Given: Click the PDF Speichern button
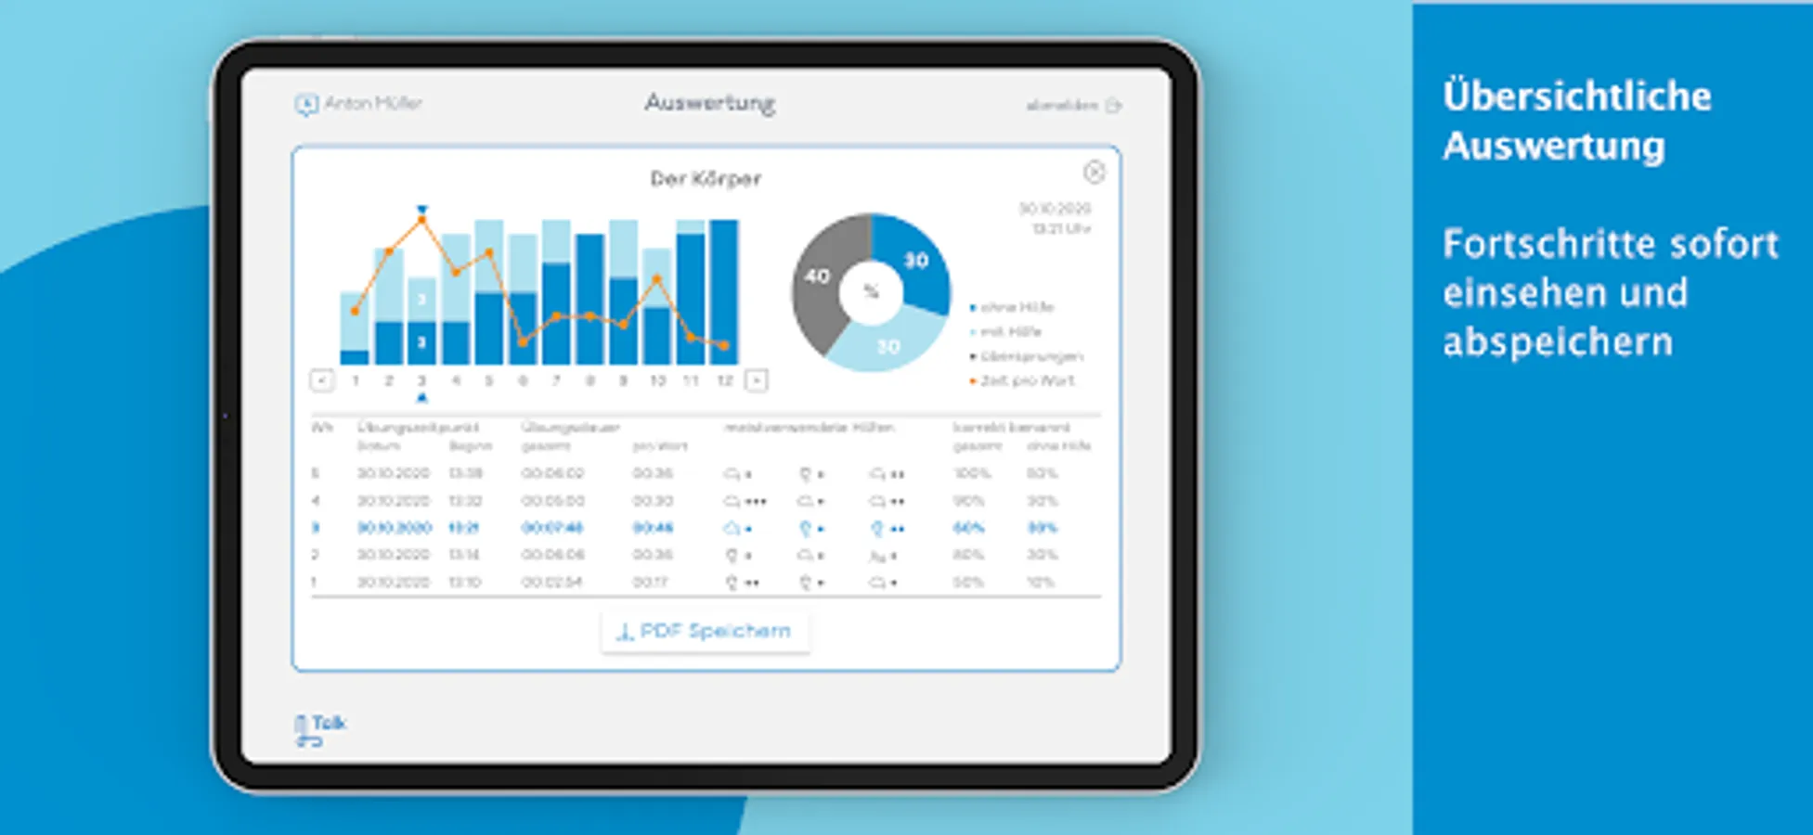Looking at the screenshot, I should [705, 632].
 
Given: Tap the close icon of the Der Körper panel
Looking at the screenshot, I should [1094, 172].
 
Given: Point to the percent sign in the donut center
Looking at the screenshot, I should [871, 292].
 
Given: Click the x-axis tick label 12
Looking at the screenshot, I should [724, 380].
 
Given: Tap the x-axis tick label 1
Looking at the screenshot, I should [355, 380].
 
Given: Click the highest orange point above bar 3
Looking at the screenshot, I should [421, 220].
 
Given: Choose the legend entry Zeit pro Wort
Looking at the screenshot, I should [1026, 380].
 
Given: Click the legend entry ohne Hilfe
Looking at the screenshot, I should [1017, 307].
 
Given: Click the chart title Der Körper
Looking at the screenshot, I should [706, 178].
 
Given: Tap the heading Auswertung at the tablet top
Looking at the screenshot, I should [710, 103].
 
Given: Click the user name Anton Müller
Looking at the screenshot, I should [372, 103].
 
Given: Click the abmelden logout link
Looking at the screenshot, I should [1062, 106].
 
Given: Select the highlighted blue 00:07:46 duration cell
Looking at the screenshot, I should [551, 528].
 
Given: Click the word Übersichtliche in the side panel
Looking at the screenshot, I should [1576, 96].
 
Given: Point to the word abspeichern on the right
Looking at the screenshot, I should [1558, 342].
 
